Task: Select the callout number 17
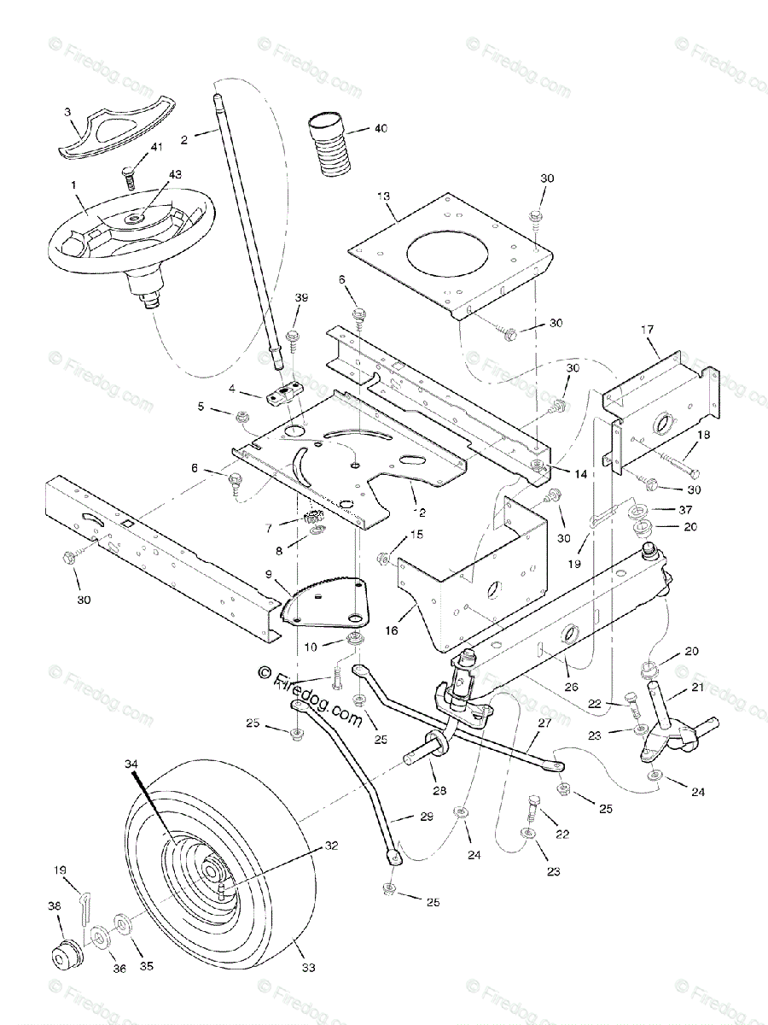(647, 328)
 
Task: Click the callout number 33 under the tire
(309, 968)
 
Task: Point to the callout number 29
(427, 817)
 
